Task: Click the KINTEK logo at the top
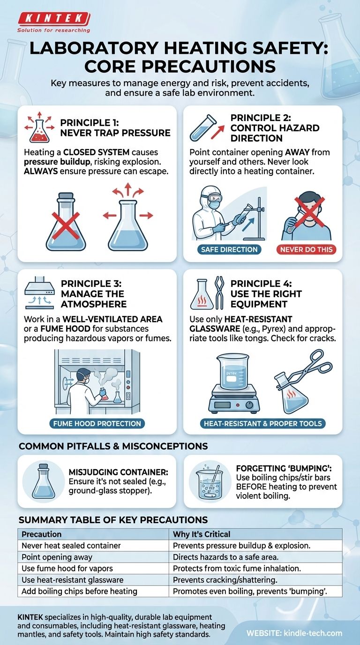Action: [x=54, y=20]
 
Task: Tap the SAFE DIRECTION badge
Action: [x=229, y=249]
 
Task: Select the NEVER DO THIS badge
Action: [x=307, y=249]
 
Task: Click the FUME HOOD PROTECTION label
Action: [x=97, y=424]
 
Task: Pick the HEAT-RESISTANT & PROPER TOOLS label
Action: [x=262, y=424]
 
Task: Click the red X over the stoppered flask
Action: [x=66, y=226]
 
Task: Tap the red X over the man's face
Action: [x=309, y=211]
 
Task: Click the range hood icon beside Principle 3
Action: [x=40, y=292]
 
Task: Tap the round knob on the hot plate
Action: [x=249, y=405]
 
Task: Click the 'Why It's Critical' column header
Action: [x=202, y=534]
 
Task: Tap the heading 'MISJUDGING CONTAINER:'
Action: [x=119, y=472]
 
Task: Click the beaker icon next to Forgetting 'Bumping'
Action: [x=210, y=481]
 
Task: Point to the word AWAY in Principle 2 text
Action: [x=297, y=152]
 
